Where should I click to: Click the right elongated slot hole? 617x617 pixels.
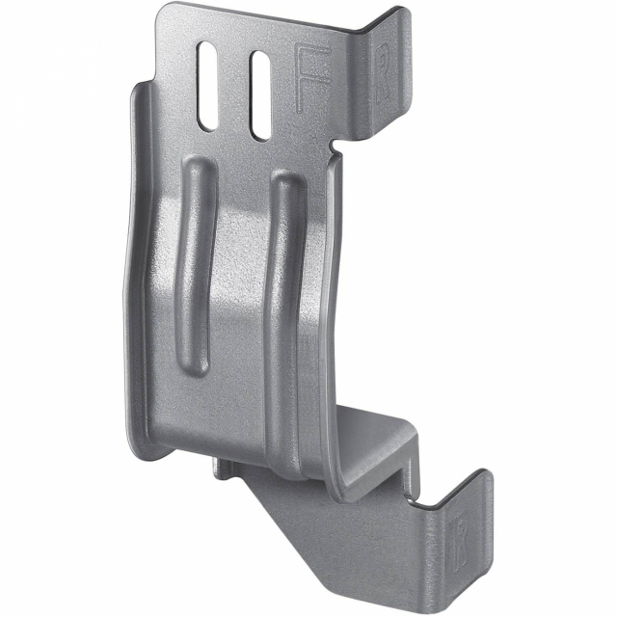(258, 94)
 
